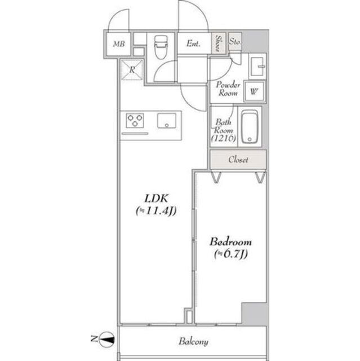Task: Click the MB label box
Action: coord(118,44)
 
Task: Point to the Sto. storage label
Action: coord(235,42)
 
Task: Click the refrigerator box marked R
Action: coord(132,70)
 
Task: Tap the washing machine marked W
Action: coord(254,90)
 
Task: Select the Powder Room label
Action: coord(229,89)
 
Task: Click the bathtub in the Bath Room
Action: coord(250,126)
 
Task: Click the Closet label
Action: coord(238,160)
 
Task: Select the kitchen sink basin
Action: coord(167,120)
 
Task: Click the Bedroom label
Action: coord(230,242)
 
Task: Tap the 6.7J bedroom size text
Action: coord(230,254)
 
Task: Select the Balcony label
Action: coord(194,342)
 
